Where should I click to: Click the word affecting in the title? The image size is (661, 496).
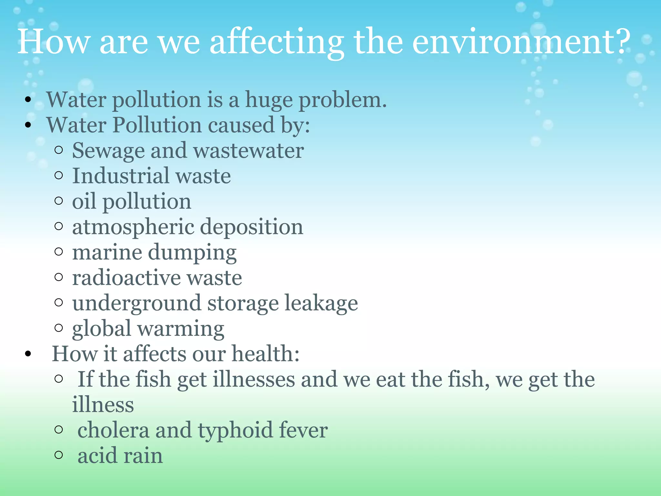coord(277,42)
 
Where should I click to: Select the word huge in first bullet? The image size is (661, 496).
coord(269,100)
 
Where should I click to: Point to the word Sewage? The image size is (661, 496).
coord(108,151)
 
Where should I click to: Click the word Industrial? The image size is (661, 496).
coord(120,176)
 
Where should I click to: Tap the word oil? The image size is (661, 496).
coord(84,201)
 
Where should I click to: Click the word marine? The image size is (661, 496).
coord(107,252)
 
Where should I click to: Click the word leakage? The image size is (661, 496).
coord(321,304)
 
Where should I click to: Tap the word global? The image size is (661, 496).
coord(101,329)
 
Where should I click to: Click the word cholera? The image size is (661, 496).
coord(113,430)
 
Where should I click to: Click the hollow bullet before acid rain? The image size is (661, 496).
coord(59,455)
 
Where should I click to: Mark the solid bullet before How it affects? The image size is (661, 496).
coord(28,354)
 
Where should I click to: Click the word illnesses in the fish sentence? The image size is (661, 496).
coord(254,379)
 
